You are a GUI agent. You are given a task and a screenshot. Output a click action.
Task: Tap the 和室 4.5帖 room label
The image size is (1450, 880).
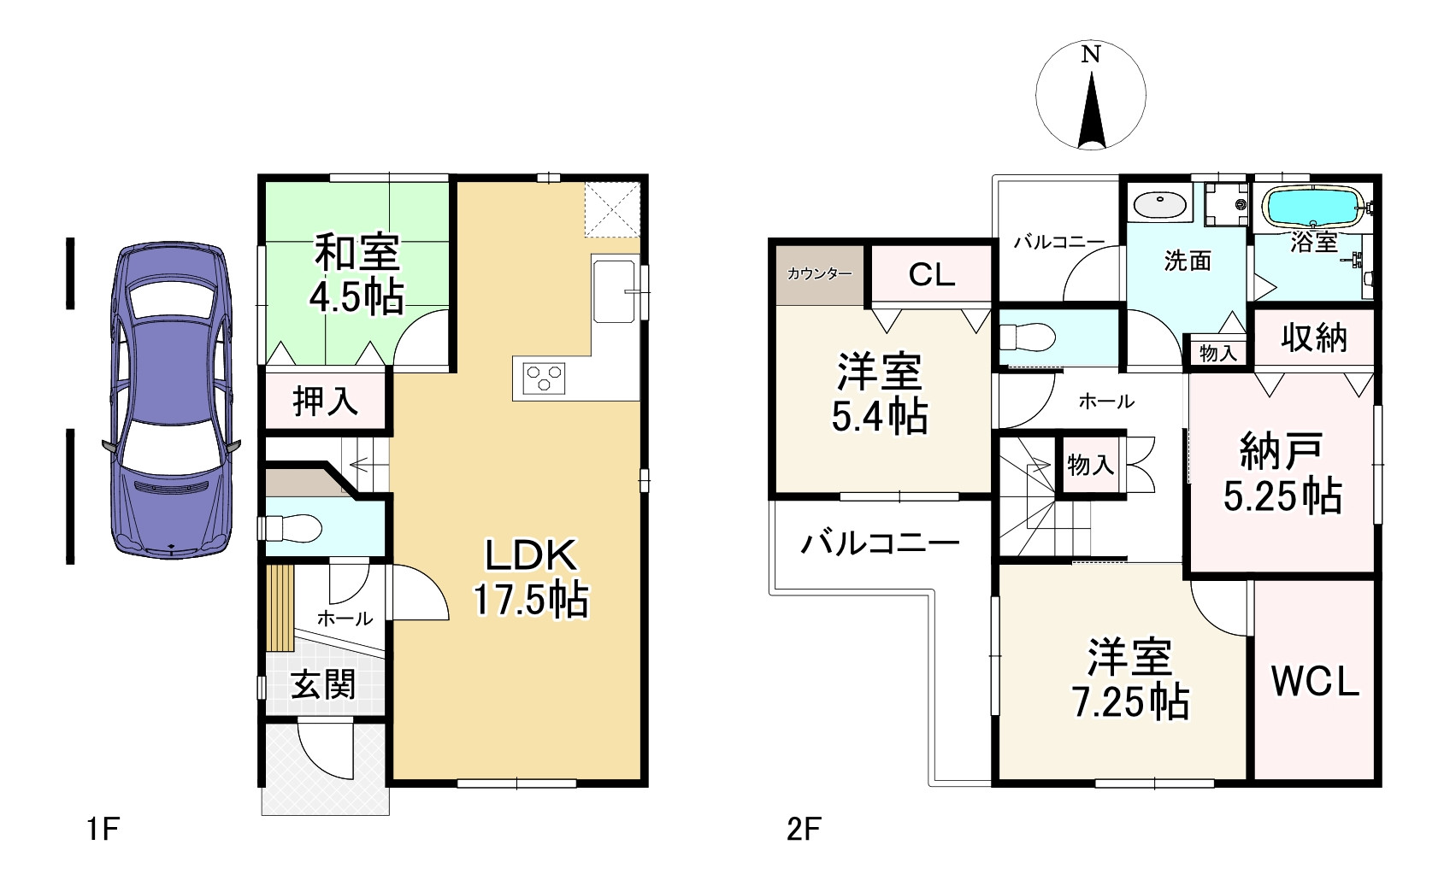(x=357, y=275)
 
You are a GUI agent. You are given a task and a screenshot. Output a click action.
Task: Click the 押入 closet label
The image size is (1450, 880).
(x=326, y=402)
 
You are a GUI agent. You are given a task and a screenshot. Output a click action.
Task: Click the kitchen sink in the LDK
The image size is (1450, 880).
(x=615, y=291)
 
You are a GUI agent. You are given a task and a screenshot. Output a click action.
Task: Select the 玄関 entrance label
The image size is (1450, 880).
(x=323, y=684)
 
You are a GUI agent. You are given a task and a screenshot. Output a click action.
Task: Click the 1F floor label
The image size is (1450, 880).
(x=102, y=829)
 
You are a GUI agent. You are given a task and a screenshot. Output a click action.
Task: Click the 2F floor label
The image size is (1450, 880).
(x=804, y=829)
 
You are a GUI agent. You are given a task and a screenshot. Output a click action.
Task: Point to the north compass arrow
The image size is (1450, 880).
(x=1091, y=111)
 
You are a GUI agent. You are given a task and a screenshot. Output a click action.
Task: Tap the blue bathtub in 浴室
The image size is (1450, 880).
(x=1311, y=206)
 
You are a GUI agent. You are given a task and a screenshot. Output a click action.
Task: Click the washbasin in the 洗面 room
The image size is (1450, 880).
(x=1160, y=205)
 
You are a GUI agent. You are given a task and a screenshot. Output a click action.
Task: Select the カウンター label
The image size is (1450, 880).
(x=819, y=274)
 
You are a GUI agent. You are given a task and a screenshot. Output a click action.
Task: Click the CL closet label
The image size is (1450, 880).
(x=931, y=274)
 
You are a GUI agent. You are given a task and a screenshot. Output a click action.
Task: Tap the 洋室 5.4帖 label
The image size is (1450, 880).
(x=880, y=394)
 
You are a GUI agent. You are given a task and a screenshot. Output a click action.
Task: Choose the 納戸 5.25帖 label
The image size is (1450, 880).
(x=1282, y=474)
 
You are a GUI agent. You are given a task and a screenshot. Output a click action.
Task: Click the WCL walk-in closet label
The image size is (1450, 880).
(x=1315, y=681)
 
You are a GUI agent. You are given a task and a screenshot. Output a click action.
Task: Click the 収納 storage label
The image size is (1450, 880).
(x=1314, y=338)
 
